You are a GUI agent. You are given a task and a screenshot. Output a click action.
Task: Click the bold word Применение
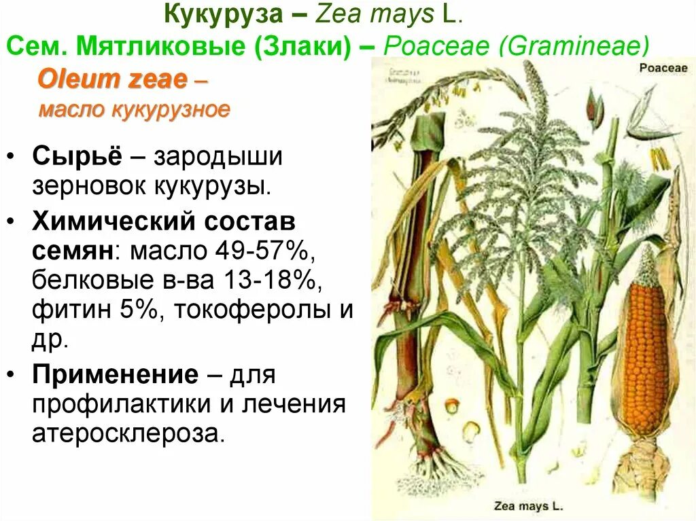coord(115,374)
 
